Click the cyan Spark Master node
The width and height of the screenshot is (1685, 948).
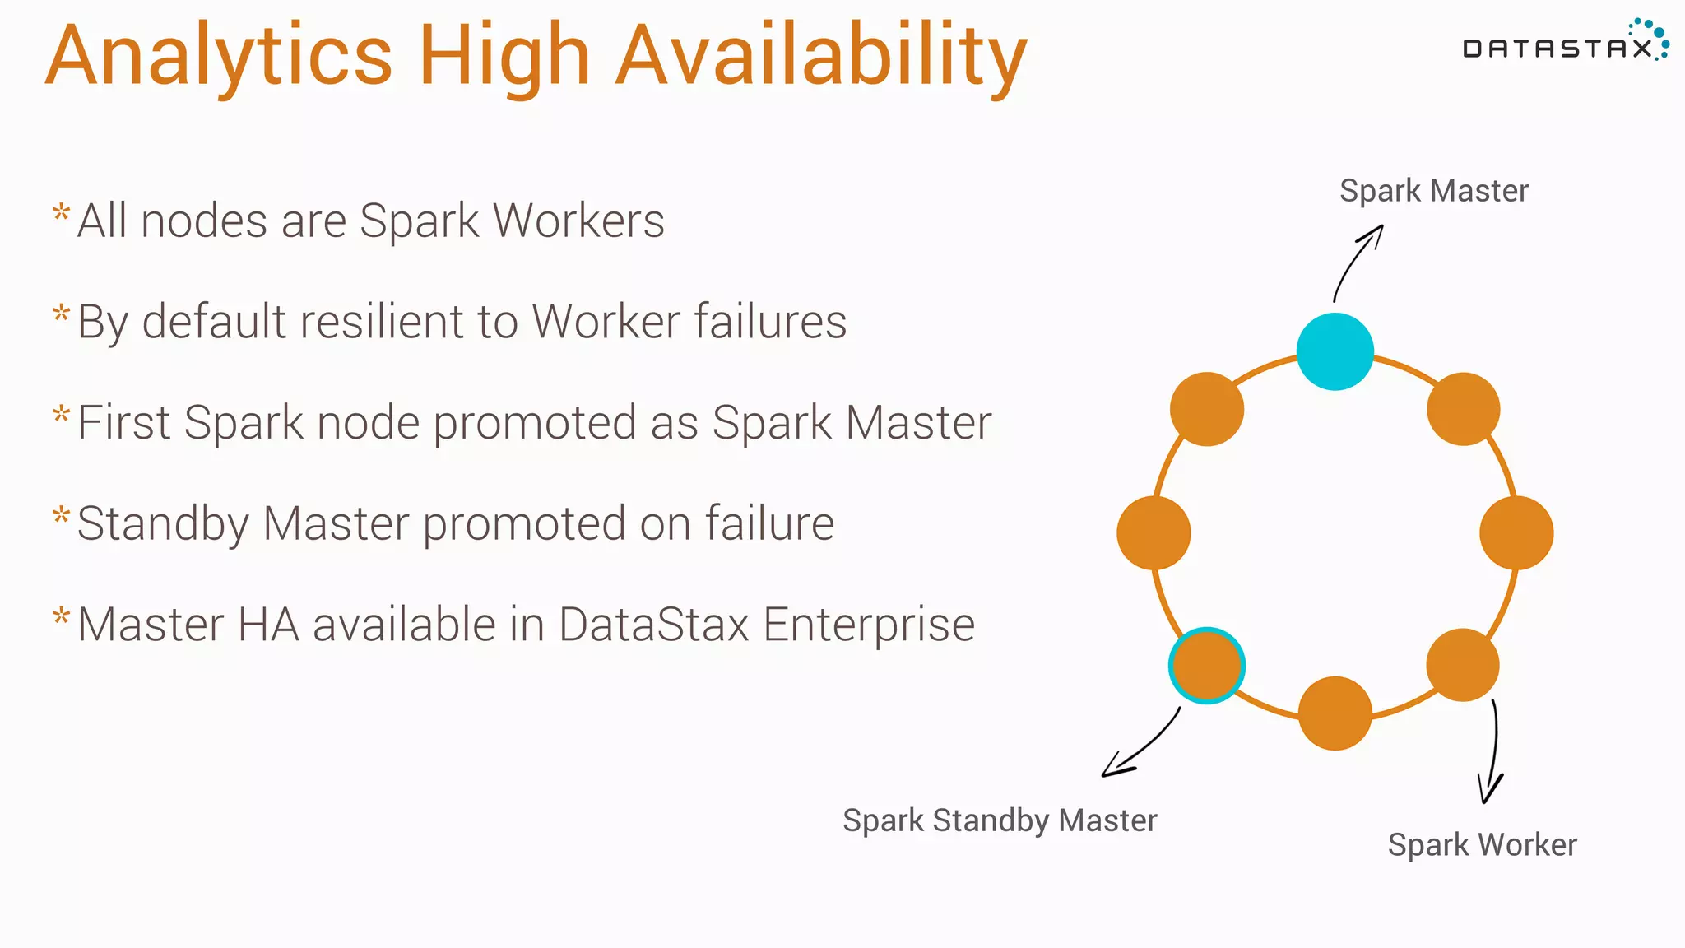click(1335, 351)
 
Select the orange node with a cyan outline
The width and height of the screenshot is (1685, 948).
click(1206, 666)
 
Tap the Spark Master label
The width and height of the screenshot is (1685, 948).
click(1433, 191)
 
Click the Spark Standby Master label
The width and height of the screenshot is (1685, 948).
click(1000, 820)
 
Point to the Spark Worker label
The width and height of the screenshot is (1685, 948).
click(1482, 845)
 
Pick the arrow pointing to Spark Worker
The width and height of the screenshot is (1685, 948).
click(1492, 753)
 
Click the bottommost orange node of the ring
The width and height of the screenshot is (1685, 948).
click(1335, 713)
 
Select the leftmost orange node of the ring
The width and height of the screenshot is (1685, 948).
click(1154, 532)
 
